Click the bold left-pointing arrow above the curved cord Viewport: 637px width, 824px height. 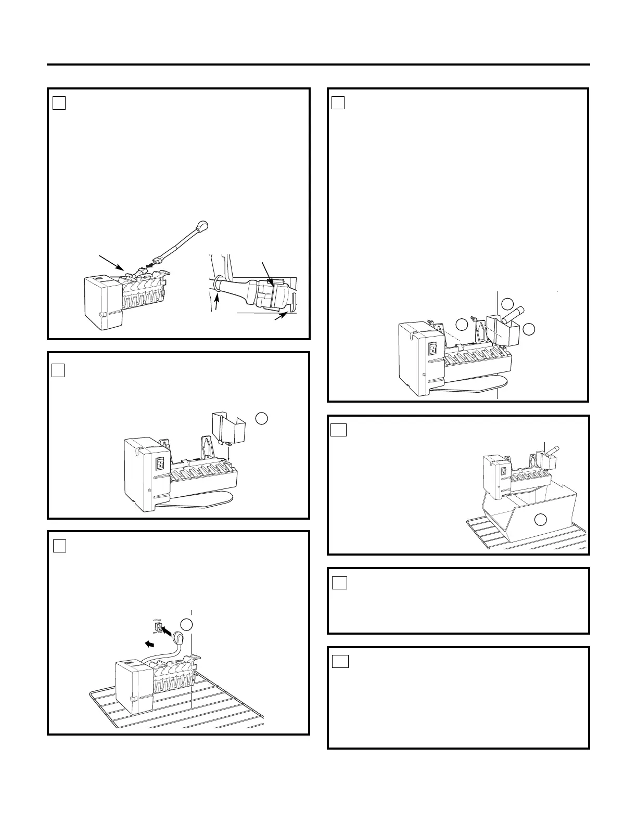click(149, 644)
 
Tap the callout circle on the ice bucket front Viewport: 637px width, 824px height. click(541, 519)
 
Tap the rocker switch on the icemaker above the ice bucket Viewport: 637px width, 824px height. click(503, 471)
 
